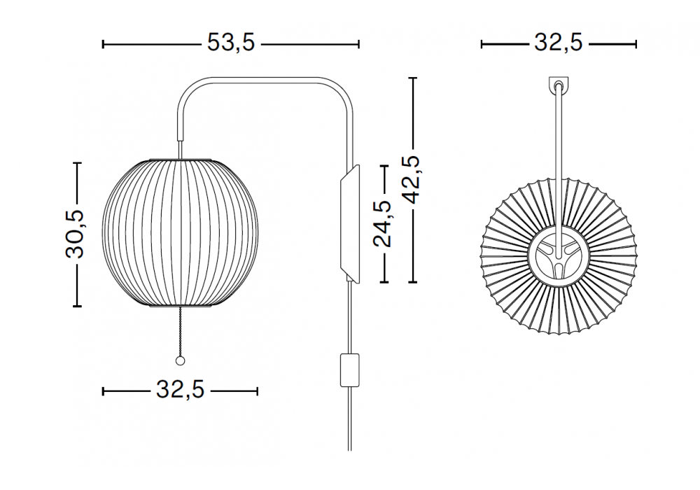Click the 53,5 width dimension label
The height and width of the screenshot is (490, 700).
231,43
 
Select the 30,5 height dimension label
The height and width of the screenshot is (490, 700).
75,234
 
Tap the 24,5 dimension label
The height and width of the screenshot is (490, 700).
382,223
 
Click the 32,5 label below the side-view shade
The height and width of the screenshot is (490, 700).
180,390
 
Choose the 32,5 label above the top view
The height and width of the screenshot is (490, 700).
559,43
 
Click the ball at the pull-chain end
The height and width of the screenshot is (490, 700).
180,361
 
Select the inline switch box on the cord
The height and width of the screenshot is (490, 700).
349,370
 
